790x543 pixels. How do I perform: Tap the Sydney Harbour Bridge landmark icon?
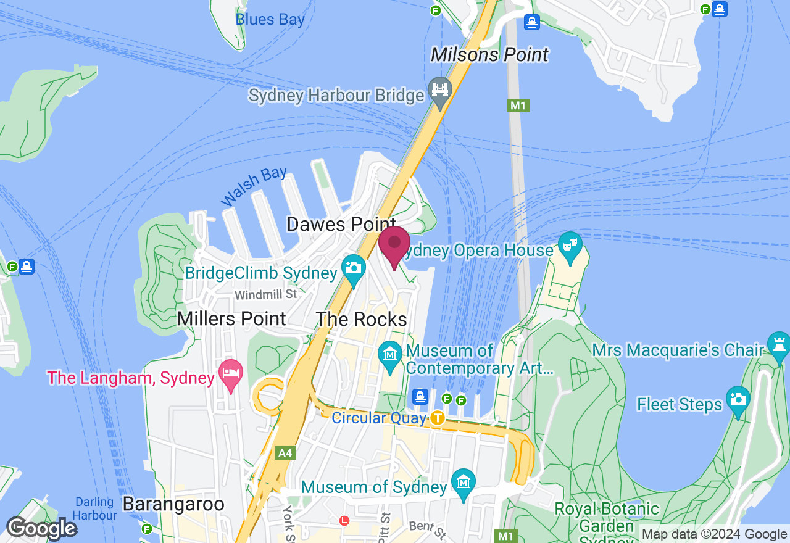pyautogui.click(x=440, y=90)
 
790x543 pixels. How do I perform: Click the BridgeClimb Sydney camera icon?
pyautogui.click(x=354, y=268)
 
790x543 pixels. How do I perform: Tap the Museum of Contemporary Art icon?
pyautogui.click(x=390, y=355)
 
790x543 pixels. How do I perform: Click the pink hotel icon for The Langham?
pyautogui.click(x=231, y=373)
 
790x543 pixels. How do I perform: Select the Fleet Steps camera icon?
pyautogui.click(x=738, y=399)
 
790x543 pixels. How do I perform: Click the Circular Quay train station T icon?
pyautogui.click(x=438, y=418)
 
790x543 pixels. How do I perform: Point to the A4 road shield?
pyautogui.click(x=285, y=454)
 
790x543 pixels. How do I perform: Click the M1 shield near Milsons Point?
pyautogui.click(x=518, y=106)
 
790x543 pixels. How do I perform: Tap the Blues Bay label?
pyautogui.click(x=270, y=19)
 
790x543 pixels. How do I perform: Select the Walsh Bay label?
pyautogui.click(x=254, y=187)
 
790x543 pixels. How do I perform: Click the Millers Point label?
pyautogui.click(x=231, y=318)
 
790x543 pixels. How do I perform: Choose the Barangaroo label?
pyautogui.click(x=173, y=504)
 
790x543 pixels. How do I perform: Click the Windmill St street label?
pyautogui.click(x=265, y=296)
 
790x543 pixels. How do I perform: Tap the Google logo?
pyautogui.click(x=41, y=528)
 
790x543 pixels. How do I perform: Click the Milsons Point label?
pyautogui.click(x=489, y=54)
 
